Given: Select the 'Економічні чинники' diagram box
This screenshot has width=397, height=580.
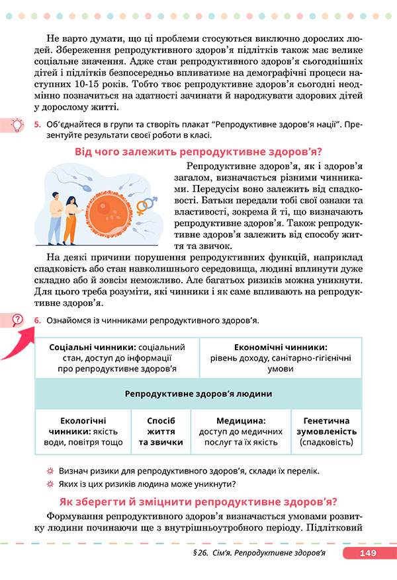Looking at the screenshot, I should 281,357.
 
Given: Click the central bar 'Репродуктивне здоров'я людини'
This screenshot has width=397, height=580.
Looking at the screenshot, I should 198,394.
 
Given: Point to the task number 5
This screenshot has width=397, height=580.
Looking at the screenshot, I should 38,124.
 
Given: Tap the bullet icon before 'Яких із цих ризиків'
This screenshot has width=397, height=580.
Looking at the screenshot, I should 50,484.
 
